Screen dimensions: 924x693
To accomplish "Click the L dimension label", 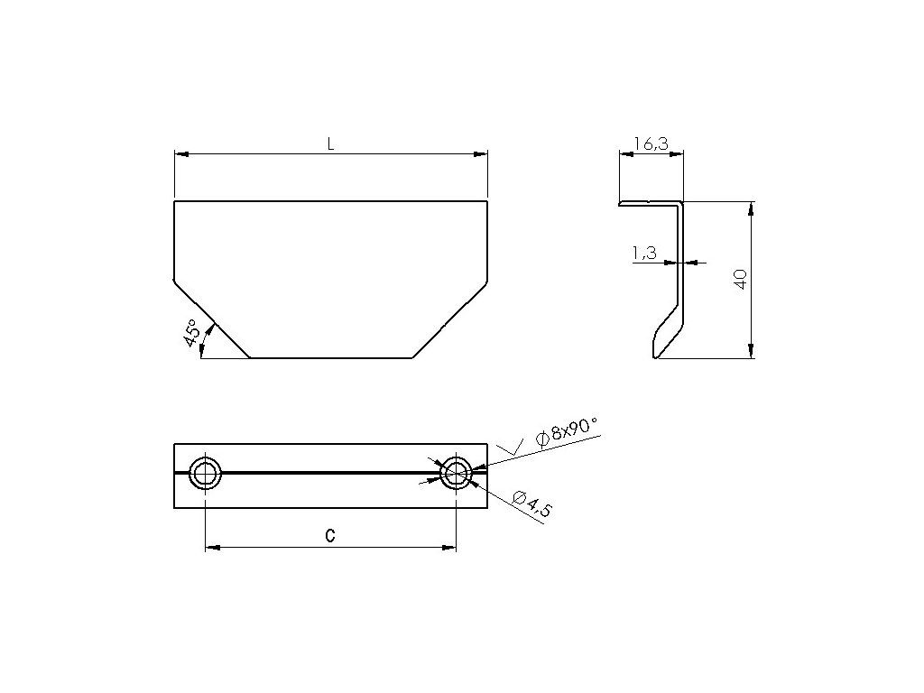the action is point(331,143).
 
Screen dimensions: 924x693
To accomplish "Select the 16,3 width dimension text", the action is point(651,143).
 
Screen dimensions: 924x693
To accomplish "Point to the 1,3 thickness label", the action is point(644,253).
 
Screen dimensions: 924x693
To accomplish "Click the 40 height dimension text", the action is point(741,279).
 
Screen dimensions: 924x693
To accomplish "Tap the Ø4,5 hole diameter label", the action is point(532,504).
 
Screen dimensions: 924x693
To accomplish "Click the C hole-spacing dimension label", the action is point(330,535).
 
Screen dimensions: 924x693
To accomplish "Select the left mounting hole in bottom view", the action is point(206,473).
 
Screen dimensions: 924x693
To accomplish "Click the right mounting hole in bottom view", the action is point(456,473).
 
